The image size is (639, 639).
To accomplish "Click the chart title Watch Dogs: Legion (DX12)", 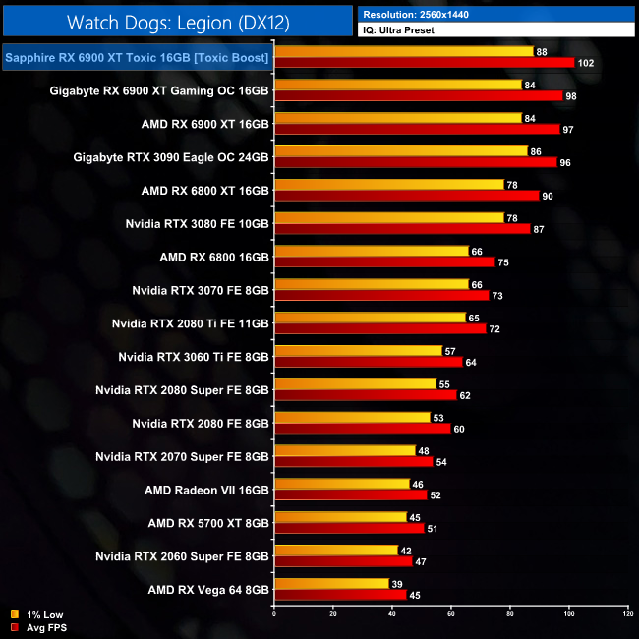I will tap(177, 21).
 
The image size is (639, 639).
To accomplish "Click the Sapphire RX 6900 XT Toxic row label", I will tap(138, 58).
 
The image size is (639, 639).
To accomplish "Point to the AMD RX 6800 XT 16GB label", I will tap(205, 191).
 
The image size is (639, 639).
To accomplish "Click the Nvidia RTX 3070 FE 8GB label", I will tap(201, 290).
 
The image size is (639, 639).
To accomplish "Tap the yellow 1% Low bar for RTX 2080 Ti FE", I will tap(370, 318).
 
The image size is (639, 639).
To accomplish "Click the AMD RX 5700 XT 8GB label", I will tap(208, 523).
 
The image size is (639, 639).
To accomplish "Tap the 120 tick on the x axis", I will tap(627, 615).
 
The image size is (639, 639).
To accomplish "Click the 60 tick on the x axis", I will tap(451, 615).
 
